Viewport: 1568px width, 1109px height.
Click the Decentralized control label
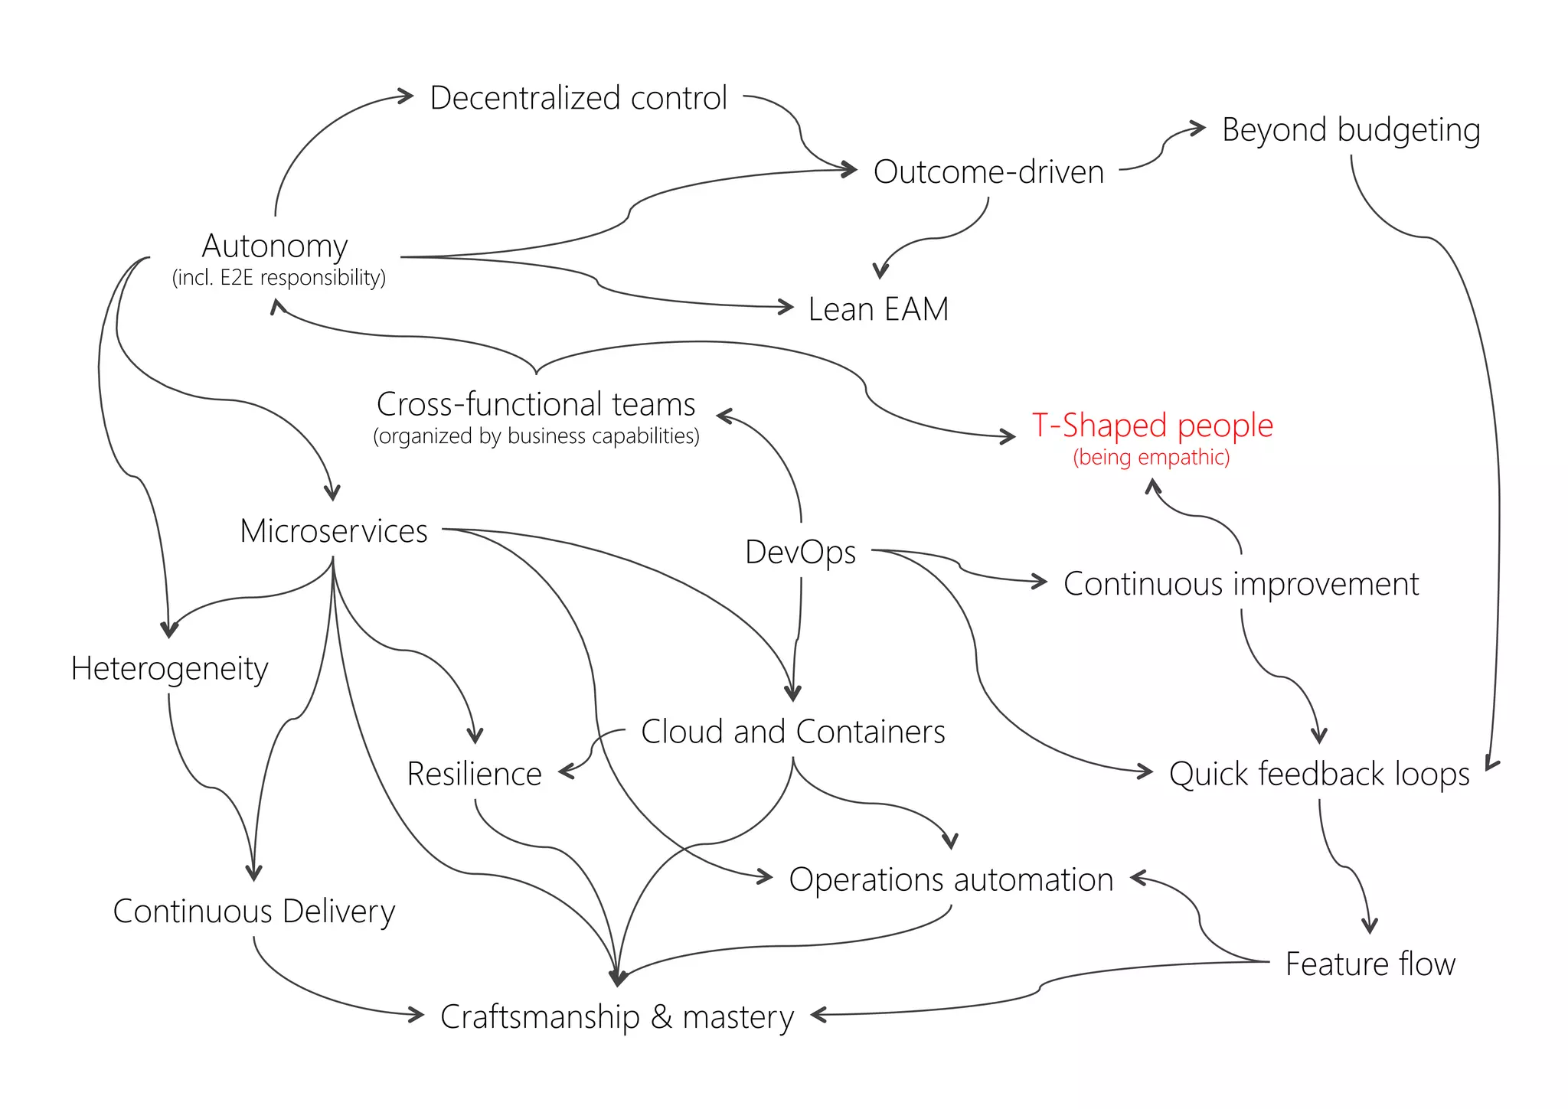click(x=578, y=98)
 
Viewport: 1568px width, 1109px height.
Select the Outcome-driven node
click(x=988, y=171)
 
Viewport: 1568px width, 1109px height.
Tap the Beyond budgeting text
click(x=1351, y=130)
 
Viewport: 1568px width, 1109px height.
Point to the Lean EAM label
click(x=878, y=309)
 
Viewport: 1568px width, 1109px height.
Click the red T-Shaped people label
click(x=1151, y=425)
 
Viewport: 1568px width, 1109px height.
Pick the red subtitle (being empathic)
click(x=1151, y=458)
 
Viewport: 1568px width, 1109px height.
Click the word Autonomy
click(x=275, y=246)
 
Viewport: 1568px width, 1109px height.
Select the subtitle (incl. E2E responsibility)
click(x=279, y=277)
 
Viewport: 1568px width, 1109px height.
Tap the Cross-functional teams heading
click(x=536, y=404)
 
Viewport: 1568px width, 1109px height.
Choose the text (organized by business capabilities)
click(x=536, y=436)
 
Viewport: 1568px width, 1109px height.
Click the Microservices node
click(x=333, y=531)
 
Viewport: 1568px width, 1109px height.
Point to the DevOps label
click(x=800, y=552)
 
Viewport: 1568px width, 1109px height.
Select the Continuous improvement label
click(x=1240, y=584)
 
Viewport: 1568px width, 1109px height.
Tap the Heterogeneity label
click(x=169, y=669)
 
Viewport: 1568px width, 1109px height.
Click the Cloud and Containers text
click(x=792, y=732)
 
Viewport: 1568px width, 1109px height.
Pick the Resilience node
click(x=474, y=774)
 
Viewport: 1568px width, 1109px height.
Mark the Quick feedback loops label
click(x=1318, y=774)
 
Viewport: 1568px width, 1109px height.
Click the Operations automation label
click(x=950, y=879)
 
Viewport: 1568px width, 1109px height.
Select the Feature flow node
click(x=1370, y=964)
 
